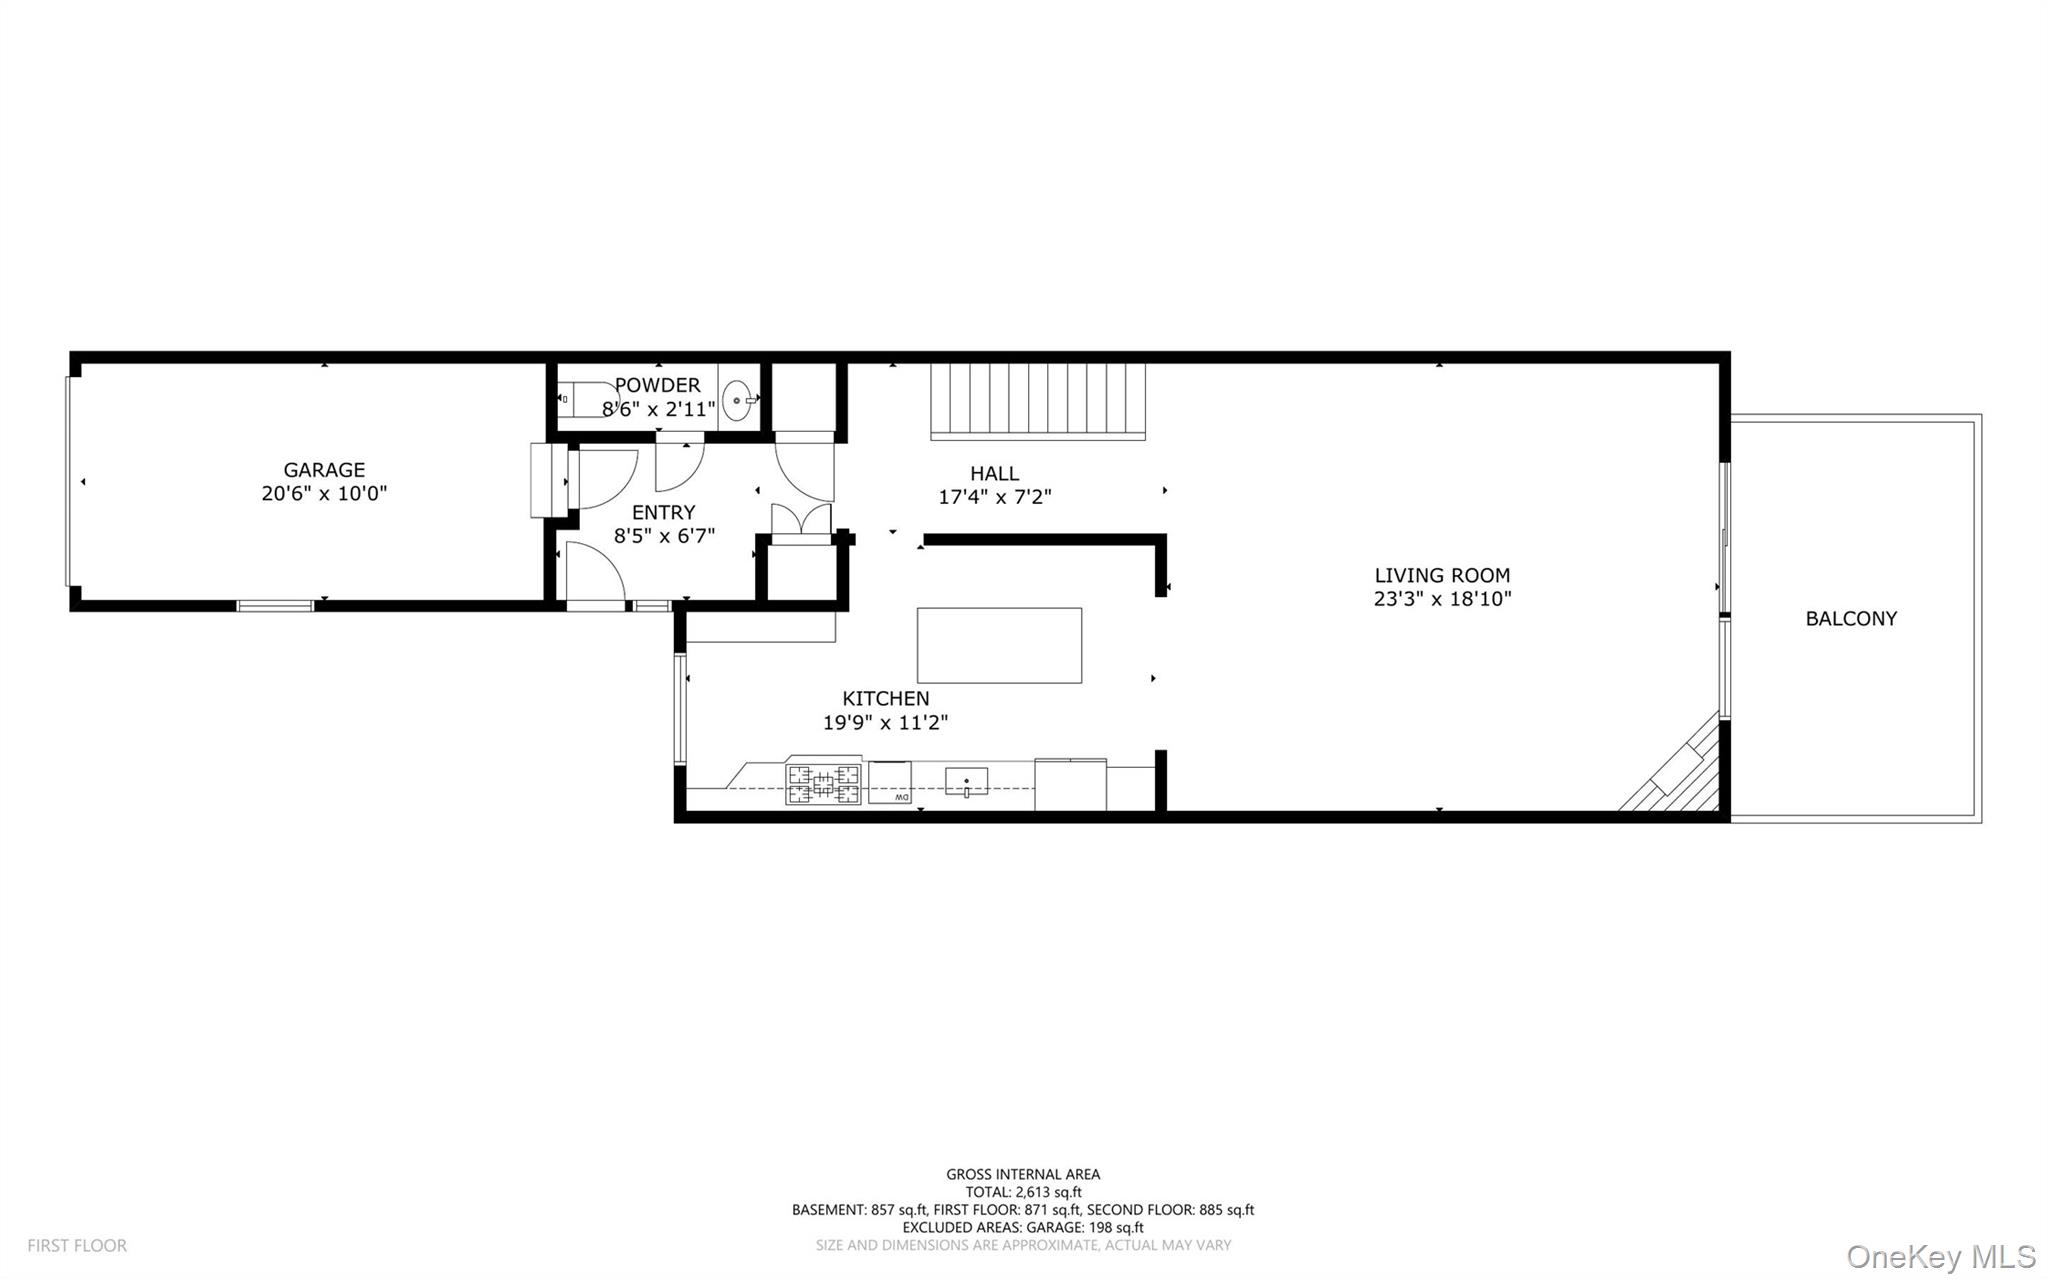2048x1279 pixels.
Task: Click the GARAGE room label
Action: click(x=324, y=469)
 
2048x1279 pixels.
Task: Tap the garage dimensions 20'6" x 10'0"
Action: click(x=324, y=493)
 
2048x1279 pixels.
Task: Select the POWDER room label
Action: click(x=657, y=385)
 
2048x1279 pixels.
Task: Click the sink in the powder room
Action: click(x=738, y=400)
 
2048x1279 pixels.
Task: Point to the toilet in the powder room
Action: click(x=583, y=399)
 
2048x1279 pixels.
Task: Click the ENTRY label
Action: click(x=663, y=512)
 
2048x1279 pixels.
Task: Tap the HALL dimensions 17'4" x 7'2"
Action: click(x=994, y=497)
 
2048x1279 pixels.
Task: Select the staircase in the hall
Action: click(x=1037, y=400)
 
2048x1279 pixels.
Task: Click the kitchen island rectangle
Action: click(x=999, y=645)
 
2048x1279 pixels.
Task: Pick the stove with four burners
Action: click(x=822, y=784)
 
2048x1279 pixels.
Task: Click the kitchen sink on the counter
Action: click(x=966, y=782)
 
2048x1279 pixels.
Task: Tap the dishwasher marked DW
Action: click(x=889, y=782)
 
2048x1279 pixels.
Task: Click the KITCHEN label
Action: click(x=885, y=698)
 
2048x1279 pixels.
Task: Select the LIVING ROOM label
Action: click(x=1441, y=575)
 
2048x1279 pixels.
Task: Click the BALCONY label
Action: click(x=1850, y=618)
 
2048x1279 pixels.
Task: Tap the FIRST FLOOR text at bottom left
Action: click(x=77, y=1245)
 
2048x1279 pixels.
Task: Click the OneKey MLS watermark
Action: click(x=1940, y=1255)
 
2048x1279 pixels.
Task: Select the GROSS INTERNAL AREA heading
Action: click(x=1023, y=1174)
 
